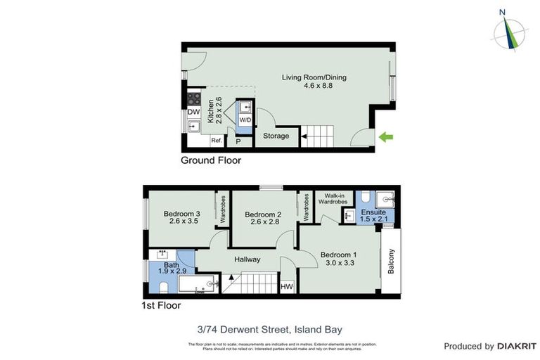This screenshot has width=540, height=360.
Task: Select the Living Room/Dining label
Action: point(314,77)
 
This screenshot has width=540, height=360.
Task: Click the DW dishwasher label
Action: point(193,112)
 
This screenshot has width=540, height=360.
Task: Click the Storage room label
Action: point(276,136)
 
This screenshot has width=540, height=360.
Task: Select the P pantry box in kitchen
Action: point(238,141)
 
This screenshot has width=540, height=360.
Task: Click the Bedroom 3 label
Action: point(182,214)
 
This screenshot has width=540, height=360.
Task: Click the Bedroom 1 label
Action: point(338,255)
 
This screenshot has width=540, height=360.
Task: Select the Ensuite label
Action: point(373,212)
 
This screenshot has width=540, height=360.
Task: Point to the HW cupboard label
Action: point(287,287)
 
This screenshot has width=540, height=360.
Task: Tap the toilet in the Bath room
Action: point(163,285)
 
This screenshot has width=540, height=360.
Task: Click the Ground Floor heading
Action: point(211,160)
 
